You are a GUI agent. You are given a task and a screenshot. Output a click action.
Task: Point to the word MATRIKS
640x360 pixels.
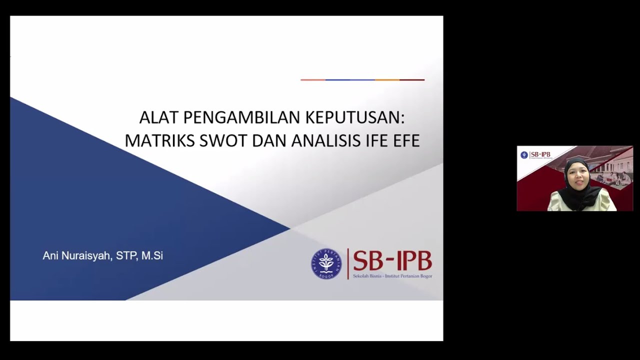(159, 141)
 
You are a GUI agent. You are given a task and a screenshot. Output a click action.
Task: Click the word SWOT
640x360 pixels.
(223, 141)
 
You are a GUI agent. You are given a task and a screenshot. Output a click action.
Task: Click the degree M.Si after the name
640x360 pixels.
(152, 256)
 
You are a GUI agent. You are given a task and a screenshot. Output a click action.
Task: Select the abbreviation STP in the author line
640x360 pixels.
(126, 256)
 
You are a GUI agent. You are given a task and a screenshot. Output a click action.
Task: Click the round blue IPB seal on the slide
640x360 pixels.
(326, 263)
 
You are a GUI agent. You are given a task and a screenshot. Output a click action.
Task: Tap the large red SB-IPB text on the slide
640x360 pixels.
(392, 260)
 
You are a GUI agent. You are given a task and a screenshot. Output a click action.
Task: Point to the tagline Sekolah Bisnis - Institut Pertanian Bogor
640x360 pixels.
(392, 276)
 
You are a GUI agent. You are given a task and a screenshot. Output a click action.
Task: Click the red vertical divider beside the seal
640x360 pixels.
(347, 263)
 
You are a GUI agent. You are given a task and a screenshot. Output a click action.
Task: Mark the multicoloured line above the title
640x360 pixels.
(362, 80)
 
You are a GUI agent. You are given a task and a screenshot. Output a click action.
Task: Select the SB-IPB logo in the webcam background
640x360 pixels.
(535, 155)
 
